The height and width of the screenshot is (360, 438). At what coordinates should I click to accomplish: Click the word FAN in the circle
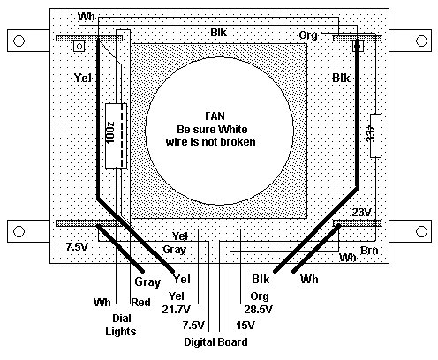click(x=215, y=116)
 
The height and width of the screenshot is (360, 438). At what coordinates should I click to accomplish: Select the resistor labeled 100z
click(x=116, y=136)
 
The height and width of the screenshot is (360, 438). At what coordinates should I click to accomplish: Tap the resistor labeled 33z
click(x=375, y=136)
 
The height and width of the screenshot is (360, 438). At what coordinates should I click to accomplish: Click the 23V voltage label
click(x=362, y=212)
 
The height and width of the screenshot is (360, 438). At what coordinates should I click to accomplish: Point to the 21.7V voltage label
click(x=176, y=310)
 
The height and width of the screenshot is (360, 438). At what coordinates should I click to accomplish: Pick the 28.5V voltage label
click(x=258, y=310)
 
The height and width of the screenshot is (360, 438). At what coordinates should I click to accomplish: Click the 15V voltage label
click(x=245, y=326)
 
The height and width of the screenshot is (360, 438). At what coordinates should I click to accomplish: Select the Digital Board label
click(x=215, y=342)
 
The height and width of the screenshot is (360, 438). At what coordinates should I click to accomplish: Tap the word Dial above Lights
click(x=122, y=319)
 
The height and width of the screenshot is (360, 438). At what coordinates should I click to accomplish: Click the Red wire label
click(x=140, y=303)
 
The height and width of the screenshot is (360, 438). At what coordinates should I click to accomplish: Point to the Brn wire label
click(x=369, y=251)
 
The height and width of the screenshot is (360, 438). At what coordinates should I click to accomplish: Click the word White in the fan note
click(x=232, y=130)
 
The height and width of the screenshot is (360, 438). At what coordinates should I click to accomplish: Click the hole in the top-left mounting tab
click(x=19, y=41)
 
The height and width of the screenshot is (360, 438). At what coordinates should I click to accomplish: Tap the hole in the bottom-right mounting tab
click(x=421, y=231)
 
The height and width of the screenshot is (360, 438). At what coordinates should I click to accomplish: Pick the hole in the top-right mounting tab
click(x=421, y=41)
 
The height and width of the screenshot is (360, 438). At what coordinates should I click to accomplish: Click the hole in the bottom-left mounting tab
click(x=19, y=231)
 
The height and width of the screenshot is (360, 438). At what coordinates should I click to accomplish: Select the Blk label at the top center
click(x=219, y=33)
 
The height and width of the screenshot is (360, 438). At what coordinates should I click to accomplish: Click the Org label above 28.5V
click(x=260, y=296)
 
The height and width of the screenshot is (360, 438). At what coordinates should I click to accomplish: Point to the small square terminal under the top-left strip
click(x=79, y=46)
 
